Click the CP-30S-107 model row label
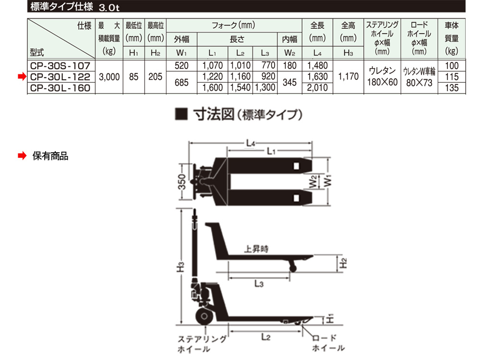tap(60, 66)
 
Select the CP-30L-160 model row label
tap(60, 88)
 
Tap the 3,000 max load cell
tap(109, 77)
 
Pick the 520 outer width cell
tap(181, 66)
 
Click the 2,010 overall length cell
tap(317, 88)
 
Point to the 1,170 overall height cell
tap(348, 76)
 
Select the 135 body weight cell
tap(452, 88)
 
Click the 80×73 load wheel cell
tap(419, 83)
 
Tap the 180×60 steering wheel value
tap(383, 82)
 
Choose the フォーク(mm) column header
tap(234, 25)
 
